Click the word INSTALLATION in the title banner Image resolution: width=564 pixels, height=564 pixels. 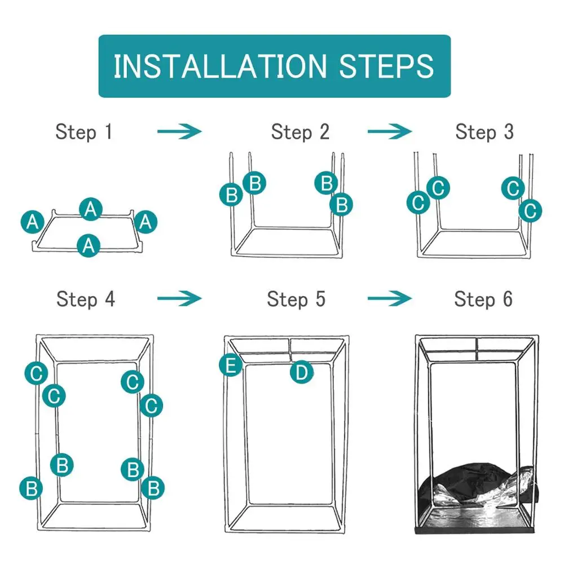220,66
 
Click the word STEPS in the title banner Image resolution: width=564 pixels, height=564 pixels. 386,66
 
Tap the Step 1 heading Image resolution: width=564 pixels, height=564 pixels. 84,132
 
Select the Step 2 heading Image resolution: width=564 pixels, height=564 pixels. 300,132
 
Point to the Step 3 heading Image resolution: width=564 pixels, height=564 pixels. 484,132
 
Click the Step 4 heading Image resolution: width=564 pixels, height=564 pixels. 86,299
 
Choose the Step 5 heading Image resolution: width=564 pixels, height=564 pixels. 296,299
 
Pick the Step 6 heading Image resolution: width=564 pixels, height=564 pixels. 483,299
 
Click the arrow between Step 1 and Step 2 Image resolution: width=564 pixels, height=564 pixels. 179,131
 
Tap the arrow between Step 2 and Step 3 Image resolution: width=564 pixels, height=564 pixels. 390,131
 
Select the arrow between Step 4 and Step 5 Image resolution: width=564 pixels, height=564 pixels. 179,298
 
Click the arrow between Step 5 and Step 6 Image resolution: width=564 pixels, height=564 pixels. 390,298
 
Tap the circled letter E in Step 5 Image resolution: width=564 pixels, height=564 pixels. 231,365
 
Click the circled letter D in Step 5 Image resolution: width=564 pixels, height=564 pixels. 301,372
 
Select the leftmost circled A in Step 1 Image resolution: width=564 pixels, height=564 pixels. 33,222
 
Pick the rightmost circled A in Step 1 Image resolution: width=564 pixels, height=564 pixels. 146,222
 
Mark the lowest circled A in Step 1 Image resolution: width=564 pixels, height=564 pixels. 89,246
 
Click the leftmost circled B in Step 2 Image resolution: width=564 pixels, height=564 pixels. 231,195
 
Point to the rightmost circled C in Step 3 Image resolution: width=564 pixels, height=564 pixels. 530,211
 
